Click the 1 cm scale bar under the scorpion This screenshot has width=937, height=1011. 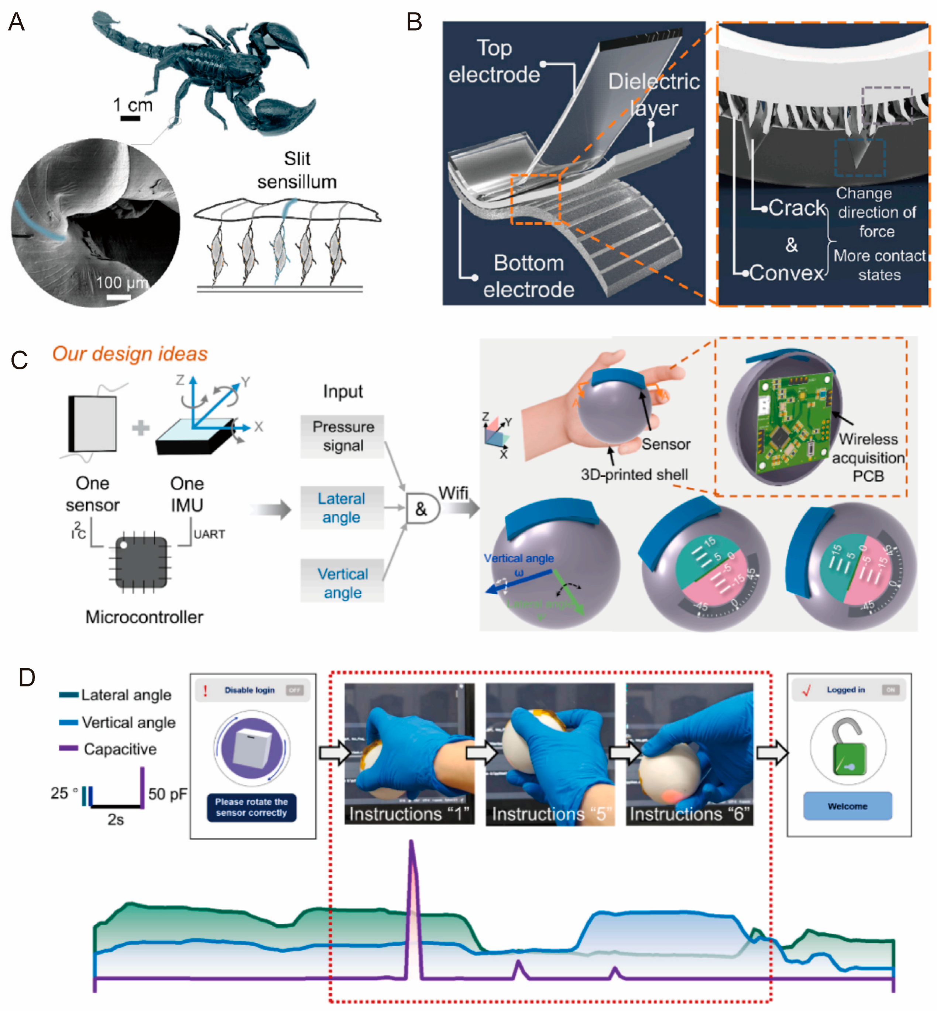click(x=130, y=119)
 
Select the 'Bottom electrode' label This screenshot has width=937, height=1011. click(x=528, y=276)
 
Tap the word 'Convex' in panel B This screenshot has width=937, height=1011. click(x=786, y=273)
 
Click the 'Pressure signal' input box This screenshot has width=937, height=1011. click(x=343, y=436)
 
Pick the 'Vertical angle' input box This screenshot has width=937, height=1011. click(x=343, y=583)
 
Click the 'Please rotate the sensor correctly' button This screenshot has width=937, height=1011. click(x=251, y=807)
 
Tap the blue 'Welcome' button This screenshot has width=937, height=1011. click(x=847, y=806)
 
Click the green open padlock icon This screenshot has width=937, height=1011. click(x=848, y=749)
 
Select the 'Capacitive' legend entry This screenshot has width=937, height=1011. click(x=120, y=749)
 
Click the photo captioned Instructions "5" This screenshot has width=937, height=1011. click(x=550, y=754)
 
